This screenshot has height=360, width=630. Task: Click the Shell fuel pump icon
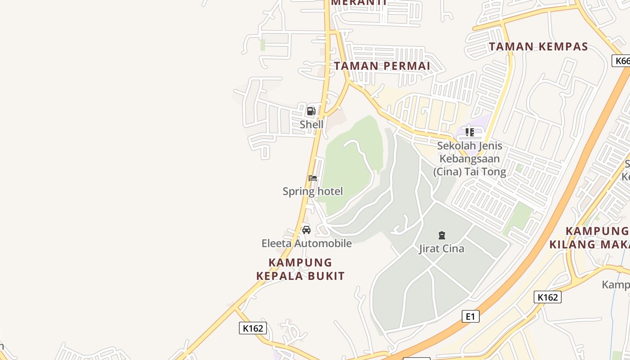pos(311,111)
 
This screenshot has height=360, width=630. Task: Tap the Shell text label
pos(311,124)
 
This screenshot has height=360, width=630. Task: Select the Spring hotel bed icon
pos(313,178)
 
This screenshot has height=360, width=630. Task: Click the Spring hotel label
pos(313,191)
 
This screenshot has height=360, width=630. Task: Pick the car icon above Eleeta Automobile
pos(306,230)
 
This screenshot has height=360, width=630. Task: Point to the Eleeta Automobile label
pos(306,243)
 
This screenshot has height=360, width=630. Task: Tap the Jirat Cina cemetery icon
pos(441,235)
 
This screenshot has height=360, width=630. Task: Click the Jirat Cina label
pos(441,248)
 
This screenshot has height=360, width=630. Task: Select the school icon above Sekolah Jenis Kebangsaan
pos(470,132)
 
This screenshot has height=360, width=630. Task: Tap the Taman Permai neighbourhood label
pos(382,66)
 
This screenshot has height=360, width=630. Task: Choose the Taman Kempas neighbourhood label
pos(538,46)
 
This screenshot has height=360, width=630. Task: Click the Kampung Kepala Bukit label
pos(300,269)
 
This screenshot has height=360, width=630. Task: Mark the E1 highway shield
pos(470,316)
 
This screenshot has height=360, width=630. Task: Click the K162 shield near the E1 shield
pos(548,297)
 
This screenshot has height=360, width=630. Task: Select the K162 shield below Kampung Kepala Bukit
pos(252,328)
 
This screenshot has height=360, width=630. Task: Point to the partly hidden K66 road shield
pos(621,61)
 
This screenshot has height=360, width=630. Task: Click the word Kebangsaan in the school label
pos(469,159)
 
